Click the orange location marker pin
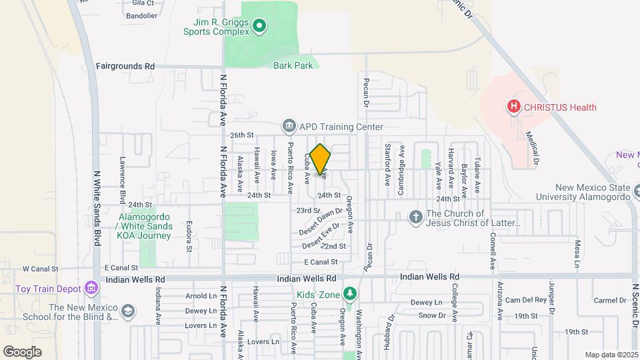[x=321, y=159]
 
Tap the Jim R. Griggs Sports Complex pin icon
[x=259, y=27]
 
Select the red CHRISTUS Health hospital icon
[x=513, y=107]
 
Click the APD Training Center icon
[x=289, y=125]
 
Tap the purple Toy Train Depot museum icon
[x=91, y=288]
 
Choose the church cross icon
[x=415, y=217]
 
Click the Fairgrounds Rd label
[x=125, y=66]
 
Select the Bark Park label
[x=293, y=65]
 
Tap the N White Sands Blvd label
[x=97, y=207]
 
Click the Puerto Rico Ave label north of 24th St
[x=290, y=167]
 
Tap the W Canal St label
[x=41, y=269]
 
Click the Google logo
[x=22, y=351]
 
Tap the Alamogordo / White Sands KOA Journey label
[x=145, y=226]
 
